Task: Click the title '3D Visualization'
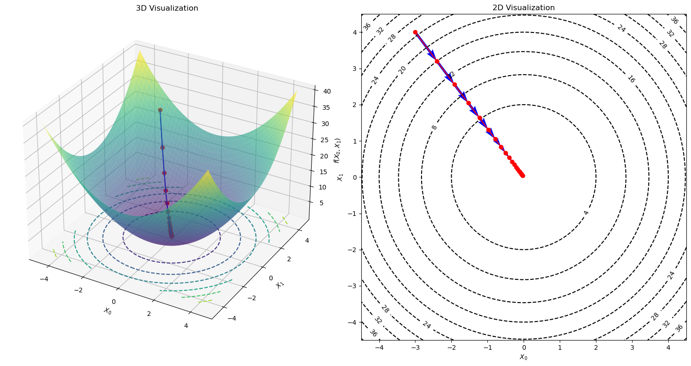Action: coord(167,8)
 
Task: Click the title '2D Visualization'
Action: coord(524,8)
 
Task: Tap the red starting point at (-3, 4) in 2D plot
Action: coord(415,32)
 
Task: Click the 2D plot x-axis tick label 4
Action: coord(668,347)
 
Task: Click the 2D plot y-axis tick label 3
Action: coord(355,69)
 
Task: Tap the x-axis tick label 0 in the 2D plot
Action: coord(524,347)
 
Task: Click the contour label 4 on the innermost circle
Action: coord(586,213)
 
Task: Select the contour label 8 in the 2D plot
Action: coord(435,127)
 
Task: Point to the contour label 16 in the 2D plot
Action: coord(631,79)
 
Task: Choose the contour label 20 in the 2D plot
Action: coord(402,70)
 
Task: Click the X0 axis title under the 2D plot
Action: coord(524,357)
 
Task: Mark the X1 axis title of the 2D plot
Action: coord(340,177)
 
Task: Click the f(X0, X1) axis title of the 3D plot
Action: coord(337,150)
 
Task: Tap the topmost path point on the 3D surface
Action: coord(160,110)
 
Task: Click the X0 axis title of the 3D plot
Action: coord(107,310)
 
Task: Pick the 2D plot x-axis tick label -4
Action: coord(379,347)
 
